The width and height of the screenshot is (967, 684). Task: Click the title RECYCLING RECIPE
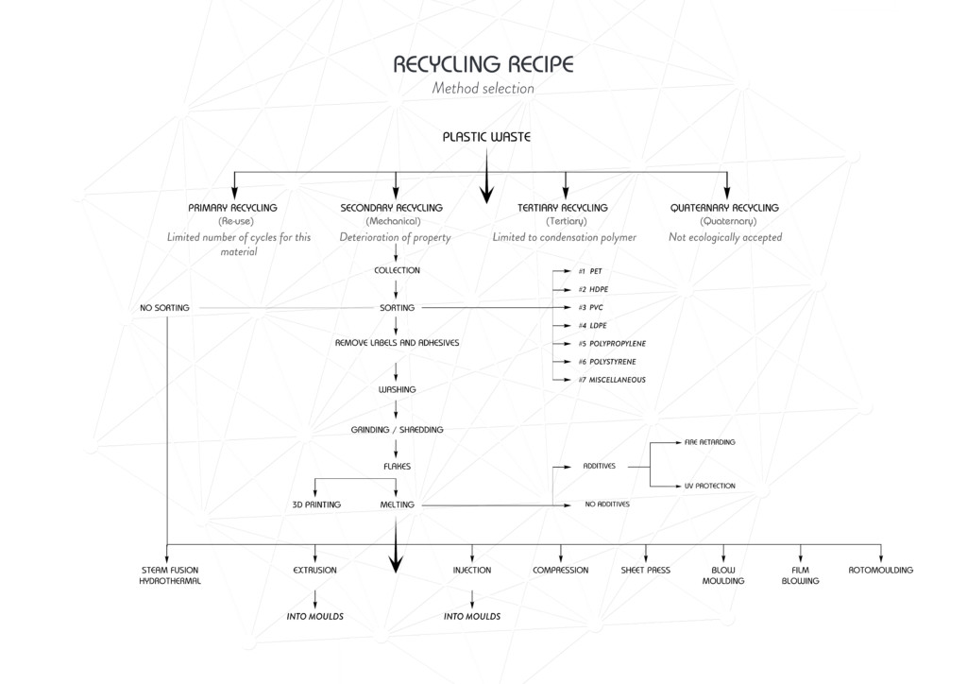tap(483, 64)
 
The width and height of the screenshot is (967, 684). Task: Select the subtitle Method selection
tap(483, 89)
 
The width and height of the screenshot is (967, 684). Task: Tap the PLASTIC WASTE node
tap(486, 137)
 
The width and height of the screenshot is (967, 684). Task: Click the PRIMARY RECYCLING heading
tap(232, 208)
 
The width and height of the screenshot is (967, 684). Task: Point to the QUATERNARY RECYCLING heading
tap(724, 208)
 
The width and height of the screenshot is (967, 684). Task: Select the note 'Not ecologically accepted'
tap(724, 237)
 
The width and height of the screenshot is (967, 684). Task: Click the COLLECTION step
tap(397, 270)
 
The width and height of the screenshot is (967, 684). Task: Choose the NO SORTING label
tap(164, 308)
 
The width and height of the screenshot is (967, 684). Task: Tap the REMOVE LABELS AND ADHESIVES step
tap(397, 343)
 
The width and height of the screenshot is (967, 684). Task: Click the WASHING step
tap(397, 389)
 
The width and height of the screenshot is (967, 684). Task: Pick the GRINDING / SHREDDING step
tap(397, 430)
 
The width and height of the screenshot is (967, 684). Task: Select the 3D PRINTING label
tap(315, 505)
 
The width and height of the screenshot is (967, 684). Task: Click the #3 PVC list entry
tap(590, 308)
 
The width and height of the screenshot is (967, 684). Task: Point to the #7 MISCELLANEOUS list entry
tap(612, 380)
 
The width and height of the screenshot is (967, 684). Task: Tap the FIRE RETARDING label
tap(709, 442)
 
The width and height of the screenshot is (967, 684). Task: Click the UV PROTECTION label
tap(709, 486)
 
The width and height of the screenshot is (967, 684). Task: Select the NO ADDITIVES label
tap(607, 504)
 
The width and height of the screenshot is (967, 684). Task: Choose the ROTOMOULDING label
tap(880, 571)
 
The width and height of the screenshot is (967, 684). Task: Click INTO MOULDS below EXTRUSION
tap(314, 616)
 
